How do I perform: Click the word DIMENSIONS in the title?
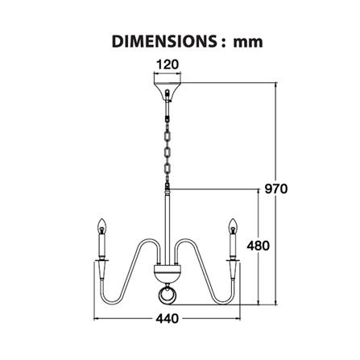(x=164, y=42)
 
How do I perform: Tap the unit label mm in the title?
(x=248, y=43)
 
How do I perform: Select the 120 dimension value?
(x=168, y=64)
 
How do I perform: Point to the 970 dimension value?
(x=276, y=188)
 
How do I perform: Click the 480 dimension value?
(x=258, y=246)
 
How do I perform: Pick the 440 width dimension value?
(x=167, y=319)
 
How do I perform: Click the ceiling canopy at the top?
(x=168, y=91)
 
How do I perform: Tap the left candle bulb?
(x=101, y=226)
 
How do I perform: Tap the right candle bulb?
(x=233, y=226)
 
